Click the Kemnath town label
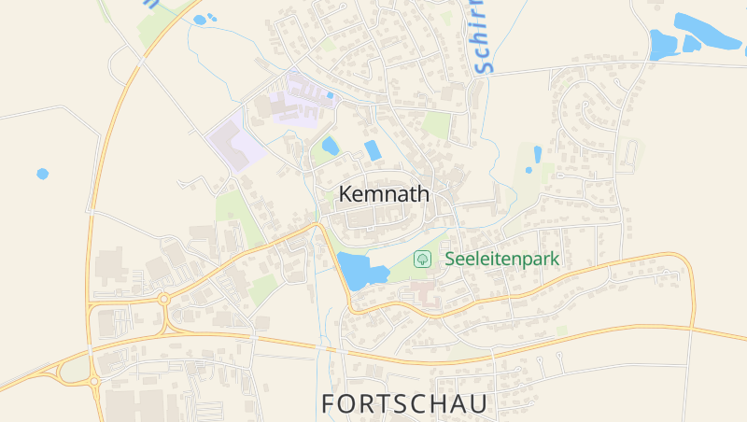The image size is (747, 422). pos(385,194)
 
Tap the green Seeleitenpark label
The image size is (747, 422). pos(501,259)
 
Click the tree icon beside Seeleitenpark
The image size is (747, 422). pos(422,259)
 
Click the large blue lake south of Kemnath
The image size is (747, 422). pos(359,271)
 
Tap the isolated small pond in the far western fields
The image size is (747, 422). pos(42,174)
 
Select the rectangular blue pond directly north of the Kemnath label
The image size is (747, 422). pos(373,150)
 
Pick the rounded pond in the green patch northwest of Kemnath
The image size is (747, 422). pos(330,146)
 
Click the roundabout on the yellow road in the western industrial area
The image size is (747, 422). pos(164,300)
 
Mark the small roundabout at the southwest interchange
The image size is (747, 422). pos(94,381)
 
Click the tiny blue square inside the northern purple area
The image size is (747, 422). pos(330,94)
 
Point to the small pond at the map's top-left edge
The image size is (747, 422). pos(200,20)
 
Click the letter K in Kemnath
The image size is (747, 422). pos(346,194)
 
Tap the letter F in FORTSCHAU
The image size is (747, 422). pos(329,403)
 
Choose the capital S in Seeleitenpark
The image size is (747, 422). pos(450,259)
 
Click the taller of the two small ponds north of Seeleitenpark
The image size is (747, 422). pos(537,155)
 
